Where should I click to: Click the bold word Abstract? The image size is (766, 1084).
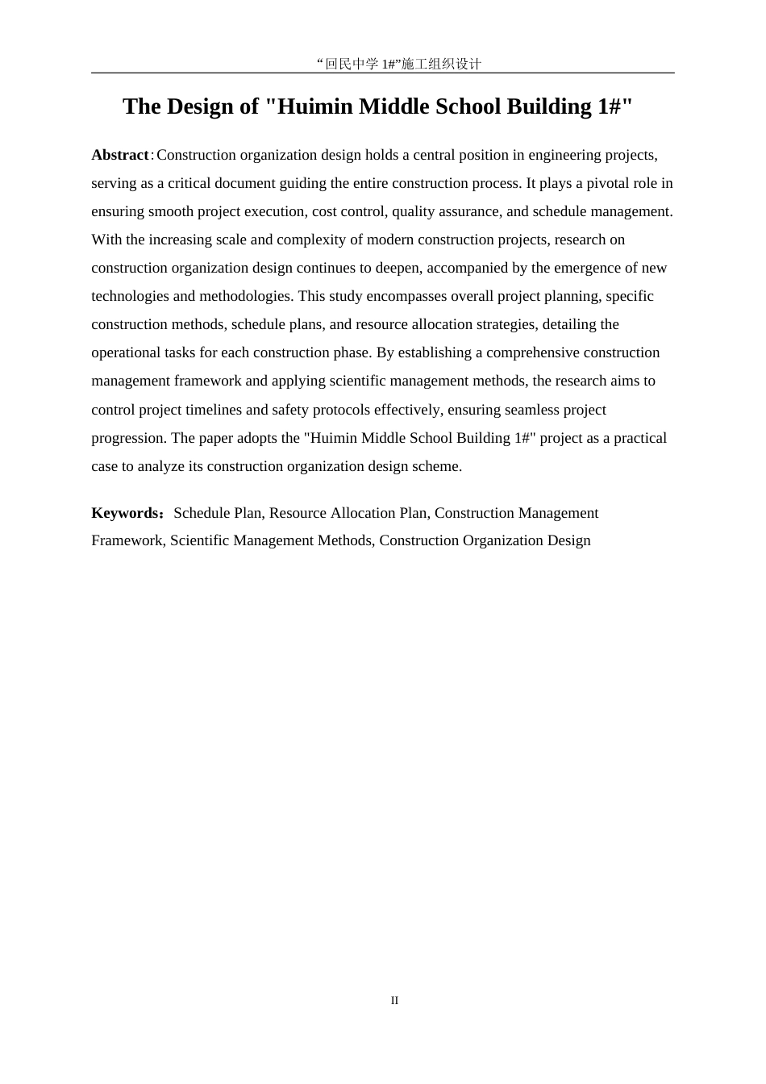tap(119, 155)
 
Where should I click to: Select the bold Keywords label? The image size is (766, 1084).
tap(127, 513)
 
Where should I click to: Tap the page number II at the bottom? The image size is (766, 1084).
tap(394, 1000)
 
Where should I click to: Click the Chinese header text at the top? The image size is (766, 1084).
tap(399, 64)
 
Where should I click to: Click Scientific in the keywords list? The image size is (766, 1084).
tap(200, 540)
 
